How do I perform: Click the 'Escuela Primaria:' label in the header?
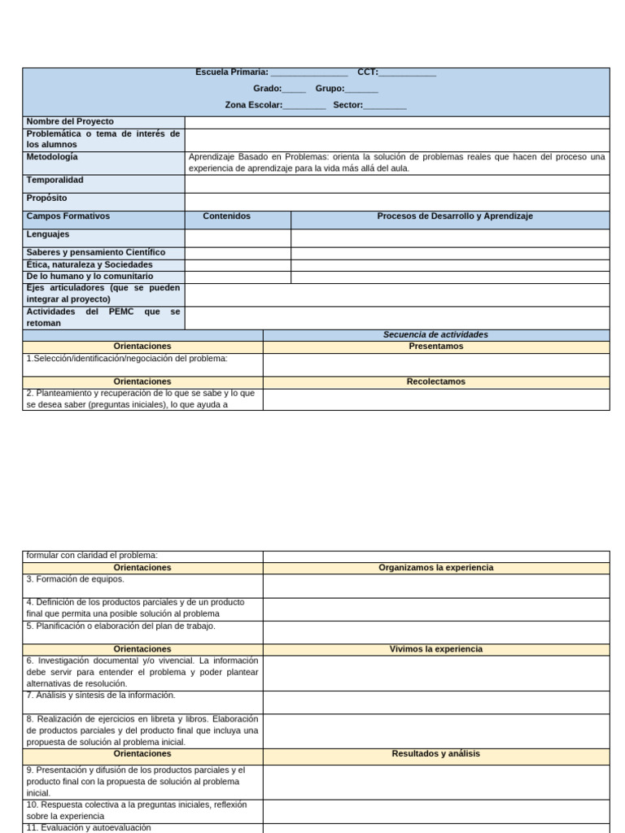pos(232,72)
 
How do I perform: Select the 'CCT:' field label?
pos(368,72)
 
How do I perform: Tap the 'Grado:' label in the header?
pos(268,89)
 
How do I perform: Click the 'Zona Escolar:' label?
pos(254,105)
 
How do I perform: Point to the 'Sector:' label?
pos(347,105)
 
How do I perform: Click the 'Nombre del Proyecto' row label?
pos(70,121)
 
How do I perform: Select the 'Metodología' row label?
pos(52,156)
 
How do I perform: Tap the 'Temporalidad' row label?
pos(55,180)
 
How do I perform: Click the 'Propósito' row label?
pos(46,198)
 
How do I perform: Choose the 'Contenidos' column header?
pos(227,216)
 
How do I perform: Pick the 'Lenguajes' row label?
pos(48,234)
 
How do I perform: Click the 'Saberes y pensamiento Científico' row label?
pos(95,252)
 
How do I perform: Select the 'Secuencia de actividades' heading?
pos(435,334)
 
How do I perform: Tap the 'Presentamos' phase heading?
pos(435,346)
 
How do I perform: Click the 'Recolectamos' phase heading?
pos(435,381)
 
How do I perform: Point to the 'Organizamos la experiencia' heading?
pos(435,567)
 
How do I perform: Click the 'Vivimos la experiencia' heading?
pos(435,648)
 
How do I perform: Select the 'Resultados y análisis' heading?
pos(435,753)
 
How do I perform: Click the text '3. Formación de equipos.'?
pos(75,579)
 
